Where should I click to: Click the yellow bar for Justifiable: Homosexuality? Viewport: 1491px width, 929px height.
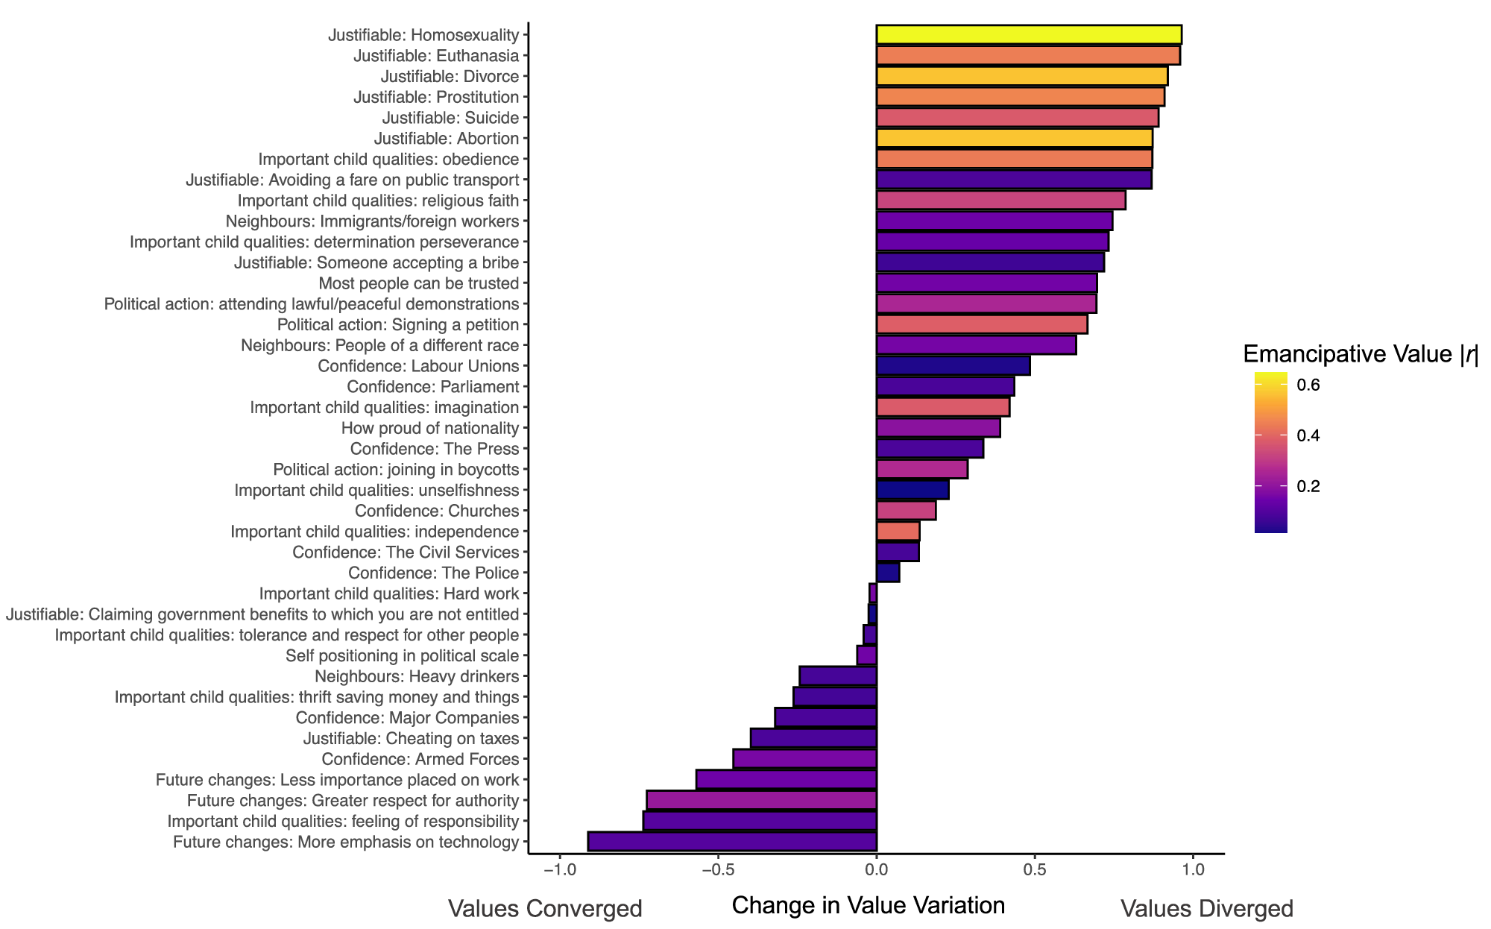(x=1028, y=35)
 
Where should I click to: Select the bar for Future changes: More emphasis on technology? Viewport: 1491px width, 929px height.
(x=731, y=842)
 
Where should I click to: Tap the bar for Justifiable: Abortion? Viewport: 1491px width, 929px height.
(x=1014, y=138)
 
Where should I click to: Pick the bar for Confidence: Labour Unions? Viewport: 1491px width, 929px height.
(x=953, y=366)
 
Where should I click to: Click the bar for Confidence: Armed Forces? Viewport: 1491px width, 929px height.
(x=804, y=759)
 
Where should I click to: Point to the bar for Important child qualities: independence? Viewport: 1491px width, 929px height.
(x=898, y=532)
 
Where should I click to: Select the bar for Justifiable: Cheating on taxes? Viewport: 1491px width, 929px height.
(x=813, y=738)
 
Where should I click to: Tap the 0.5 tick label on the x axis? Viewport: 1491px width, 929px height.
(x=1034, y=871)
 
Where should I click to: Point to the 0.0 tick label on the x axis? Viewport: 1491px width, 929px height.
(x=876, y=871)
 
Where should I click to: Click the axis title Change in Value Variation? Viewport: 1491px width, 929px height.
(x=868, y=905)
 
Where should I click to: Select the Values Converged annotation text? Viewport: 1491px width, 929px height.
(x=544, y=909)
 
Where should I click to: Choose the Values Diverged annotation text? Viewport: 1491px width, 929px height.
(x=1206, y=909)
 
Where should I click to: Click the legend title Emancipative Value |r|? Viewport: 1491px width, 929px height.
(x=1360, y=355)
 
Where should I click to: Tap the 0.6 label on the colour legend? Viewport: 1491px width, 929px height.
(x=1308, y=385)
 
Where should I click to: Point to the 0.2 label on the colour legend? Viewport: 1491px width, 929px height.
(x=1308, y=486)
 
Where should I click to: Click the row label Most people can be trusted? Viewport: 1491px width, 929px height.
(x=418, y=283)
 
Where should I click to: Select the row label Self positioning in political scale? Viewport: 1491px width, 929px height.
(x=402, y=656)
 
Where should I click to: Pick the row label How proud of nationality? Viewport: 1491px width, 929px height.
(x=429, y=428)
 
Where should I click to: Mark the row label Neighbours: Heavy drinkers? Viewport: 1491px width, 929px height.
(x=416, y=676)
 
